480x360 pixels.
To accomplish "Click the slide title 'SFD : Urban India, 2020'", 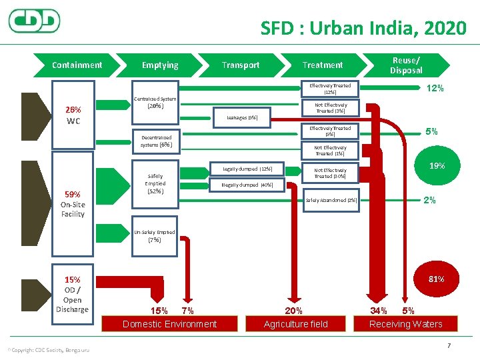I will pyautogui.click(x=363, y=28).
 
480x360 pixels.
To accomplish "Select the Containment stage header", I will pyautogui.click(x=77, y=65).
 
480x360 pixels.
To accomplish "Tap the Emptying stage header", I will pyautogui.click(x=160, y=65).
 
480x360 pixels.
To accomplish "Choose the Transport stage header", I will pyautogui.click(x=241, y=65).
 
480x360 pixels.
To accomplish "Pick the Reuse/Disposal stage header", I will pyautogui.click(x=406, y=65).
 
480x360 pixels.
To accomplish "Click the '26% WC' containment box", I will pyautogui.click(x=73, y=115).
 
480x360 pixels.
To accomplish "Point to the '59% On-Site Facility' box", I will pyautogui.click(x=73, y=204).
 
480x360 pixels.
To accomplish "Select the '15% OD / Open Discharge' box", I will pyautogui.click(x=72, y=294).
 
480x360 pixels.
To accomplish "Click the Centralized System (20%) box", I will pyautogui.click(x=155, y=103).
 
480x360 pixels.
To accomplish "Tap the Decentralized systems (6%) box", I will pyautogui.click(x=156, y=141).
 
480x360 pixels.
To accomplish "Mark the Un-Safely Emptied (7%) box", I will pyautogui.click(x=155, y=236).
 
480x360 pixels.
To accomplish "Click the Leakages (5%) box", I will pyautogui.click(x=242, y=117).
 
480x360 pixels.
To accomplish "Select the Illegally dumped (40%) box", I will pyautogui.click(x=242, y=184).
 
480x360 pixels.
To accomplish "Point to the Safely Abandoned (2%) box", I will pyautogui.click(x=331, y=200).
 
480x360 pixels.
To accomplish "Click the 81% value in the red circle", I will pyautogui.click(x=436, y=279).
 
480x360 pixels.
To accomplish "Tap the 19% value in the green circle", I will pyautogui.click(x=437, y=165).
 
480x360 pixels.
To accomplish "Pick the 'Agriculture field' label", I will pyautogui.click(x=296, y=324).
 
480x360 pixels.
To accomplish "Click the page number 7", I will pyautogui.click(x=449, y=345).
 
